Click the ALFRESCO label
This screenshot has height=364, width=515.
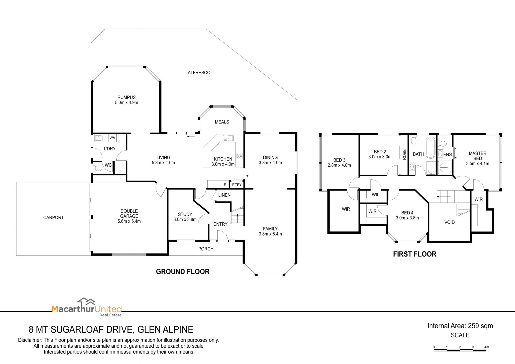coord(199,72)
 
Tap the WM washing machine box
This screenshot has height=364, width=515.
coord(113,138)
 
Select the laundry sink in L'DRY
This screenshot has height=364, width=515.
coord(99,138)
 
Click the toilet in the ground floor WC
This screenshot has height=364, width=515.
coord(97,168)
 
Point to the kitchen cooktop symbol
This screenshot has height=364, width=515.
coord(240,156)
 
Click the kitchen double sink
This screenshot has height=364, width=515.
coord(228,138)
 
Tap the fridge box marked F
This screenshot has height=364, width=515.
coord(225,185)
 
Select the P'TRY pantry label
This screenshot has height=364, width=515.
coord(237,185)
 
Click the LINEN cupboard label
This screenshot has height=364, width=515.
coord(224,195)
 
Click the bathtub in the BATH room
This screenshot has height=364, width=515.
coord(431,147)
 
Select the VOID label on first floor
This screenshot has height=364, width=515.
coord(450,222)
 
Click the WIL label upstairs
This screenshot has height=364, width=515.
coord(376,195)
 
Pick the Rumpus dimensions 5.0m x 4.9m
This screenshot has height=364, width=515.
coord(127,102)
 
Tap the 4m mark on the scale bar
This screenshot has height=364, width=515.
coord(486,347)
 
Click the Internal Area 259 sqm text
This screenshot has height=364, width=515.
coord(460,326)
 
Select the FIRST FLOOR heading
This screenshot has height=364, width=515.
coord(415,254)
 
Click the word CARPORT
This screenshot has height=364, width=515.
coord(53,218)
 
